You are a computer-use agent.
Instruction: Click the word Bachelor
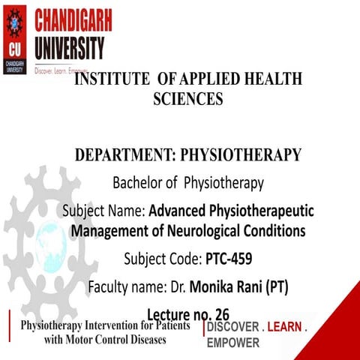tap(139, 182)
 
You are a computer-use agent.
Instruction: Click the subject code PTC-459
tap(228, 259)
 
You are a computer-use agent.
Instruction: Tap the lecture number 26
tap(219, 313)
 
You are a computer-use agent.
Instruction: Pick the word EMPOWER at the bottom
tap(233, 343)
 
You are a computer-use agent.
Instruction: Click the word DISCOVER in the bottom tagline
tap(232, 328)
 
